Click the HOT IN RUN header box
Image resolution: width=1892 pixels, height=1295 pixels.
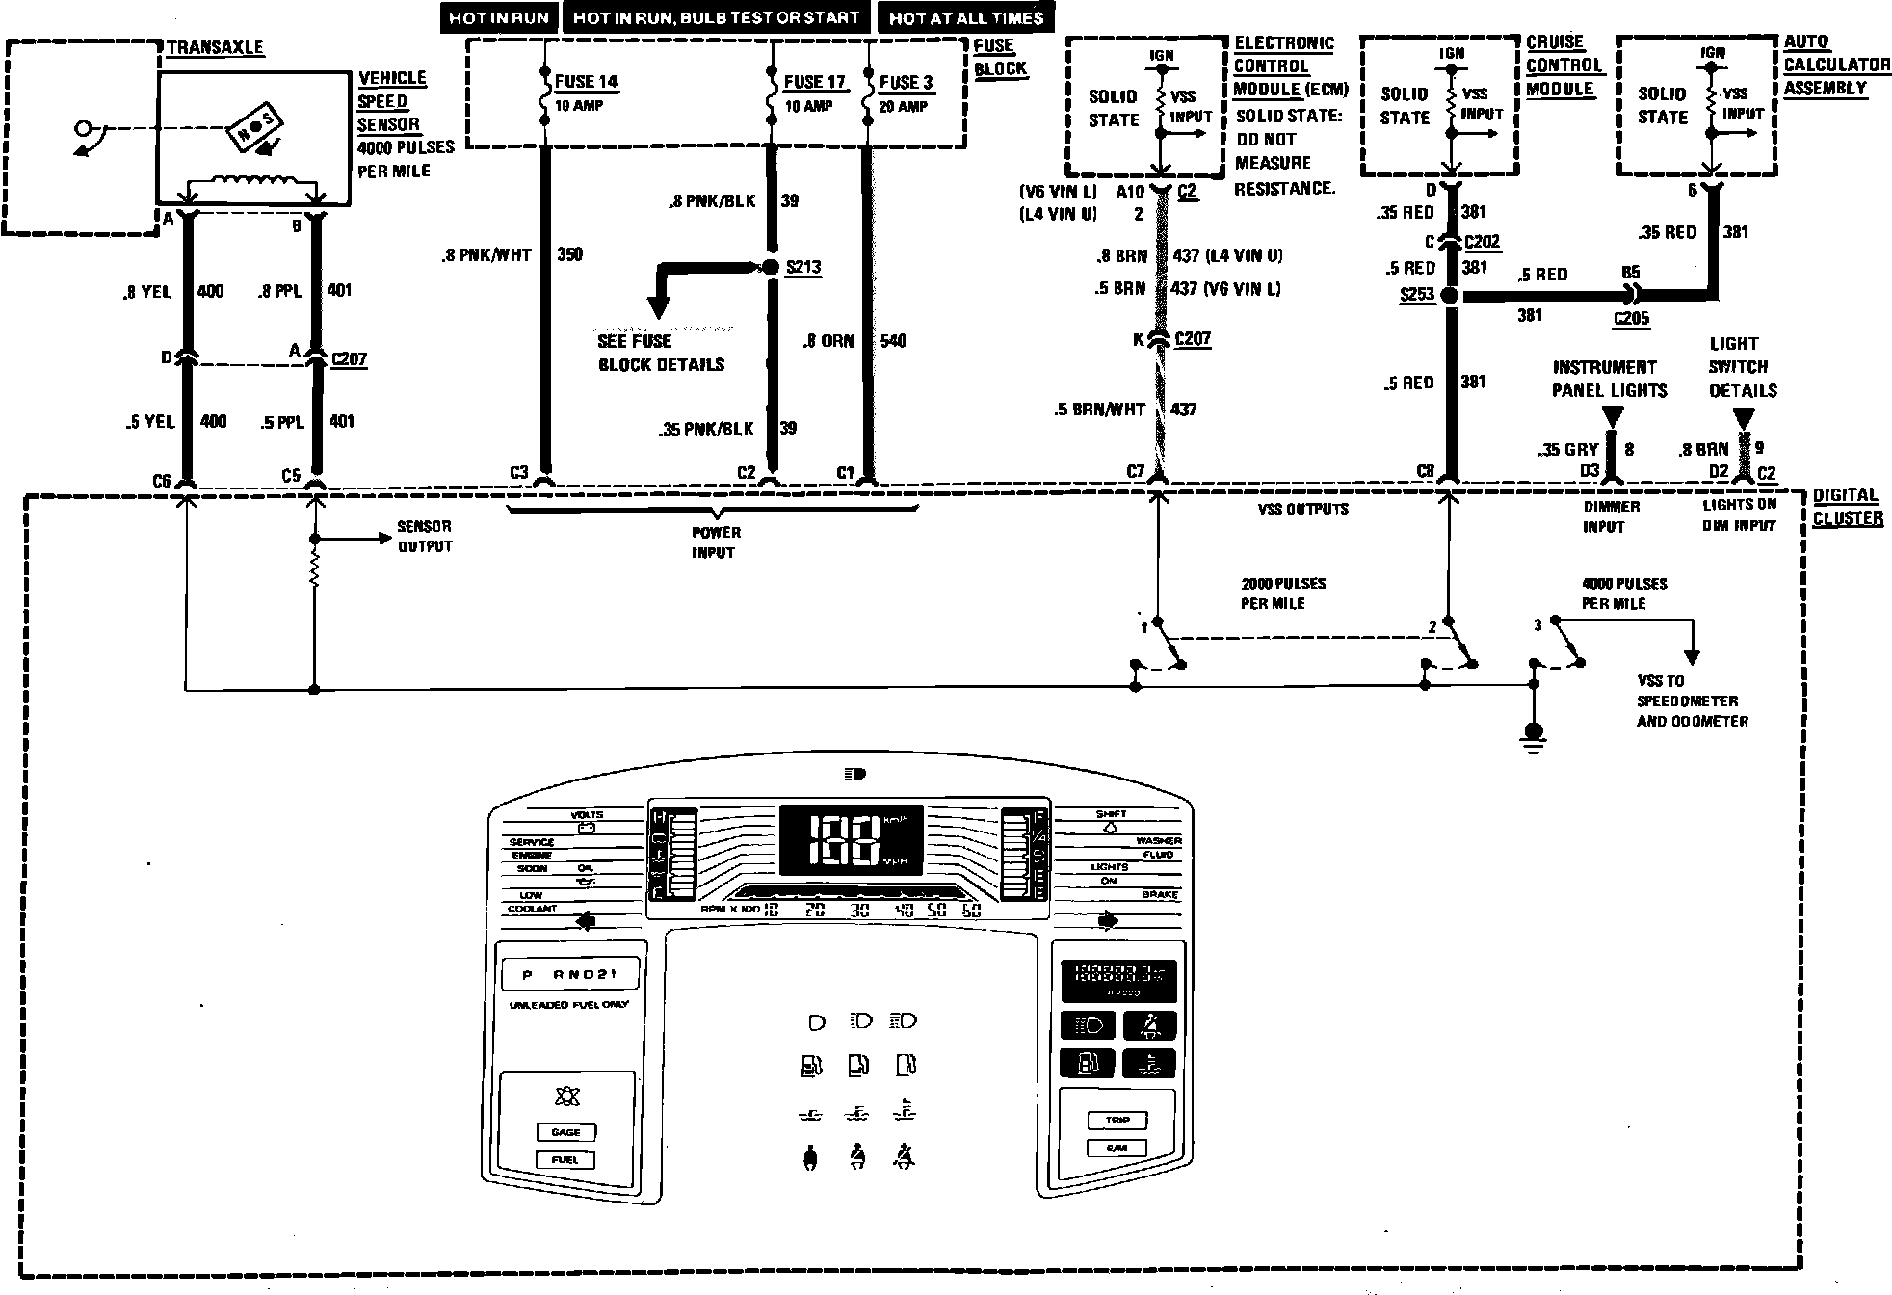coord(498,17)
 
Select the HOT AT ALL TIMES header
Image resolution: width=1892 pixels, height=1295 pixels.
coord(965,17)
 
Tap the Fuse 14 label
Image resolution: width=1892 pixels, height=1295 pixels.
coord(586,82)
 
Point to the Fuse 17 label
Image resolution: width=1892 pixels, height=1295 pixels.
coord(814,82)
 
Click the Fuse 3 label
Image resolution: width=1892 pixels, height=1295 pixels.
coord(906,82)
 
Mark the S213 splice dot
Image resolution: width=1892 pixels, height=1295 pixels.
coord(771,267)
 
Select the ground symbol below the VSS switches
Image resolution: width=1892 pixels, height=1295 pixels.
coord(1534,734)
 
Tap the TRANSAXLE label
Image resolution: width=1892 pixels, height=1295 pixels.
coord(215,47)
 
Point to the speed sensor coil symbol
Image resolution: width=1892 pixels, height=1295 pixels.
coord(254,181)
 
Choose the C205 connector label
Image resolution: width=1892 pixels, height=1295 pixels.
coord(1631,318)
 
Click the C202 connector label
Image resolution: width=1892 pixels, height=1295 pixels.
coord(1482,242)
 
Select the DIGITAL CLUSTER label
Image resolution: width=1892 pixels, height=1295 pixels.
coord(1847,507)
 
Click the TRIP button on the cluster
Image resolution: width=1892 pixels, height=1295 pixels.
coord(1117,1120)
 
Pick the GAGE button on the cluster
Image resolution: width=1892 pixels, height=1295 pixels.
coord(565,1132)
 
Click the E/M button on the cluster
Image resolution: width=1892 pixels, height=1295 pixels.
coord(1117,1148)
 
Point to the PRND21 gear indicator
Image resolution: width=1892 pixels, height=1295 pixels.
coord(571,975)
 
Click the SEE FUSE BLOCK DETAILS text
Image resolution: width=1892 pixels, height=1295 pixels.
coord(661,353)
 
